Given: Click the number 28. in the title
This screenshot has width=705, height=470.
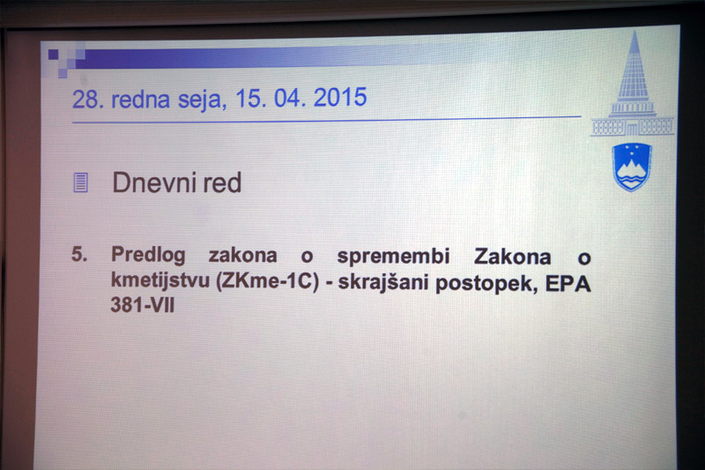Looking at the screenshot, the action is (88, 99).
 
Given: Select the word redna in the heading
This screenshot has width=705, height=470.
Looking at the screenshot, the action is (140, 99).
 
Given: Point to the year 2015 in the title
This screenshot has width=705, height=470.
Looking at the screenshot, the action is (340, 97).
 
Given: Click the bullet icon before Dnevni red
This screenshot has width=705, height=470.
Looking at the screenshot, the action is (80, 183).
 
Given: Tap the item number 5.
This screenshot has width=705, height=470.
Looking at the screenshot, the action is (79, 255).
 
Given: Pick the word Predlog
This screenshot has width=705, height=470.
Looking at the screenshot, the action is (148, 255).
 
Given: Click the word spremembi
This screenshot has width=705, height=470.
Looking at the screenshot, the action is (393, 256).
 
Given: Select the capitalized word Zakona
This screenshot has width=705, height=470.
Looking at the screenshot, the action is (513, 257).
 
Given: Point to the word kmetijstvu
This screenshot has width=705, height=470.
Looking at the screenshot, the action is (160, 281).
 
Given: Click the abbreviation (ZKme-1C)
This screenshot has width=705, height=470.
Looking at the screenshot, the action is (268, 281).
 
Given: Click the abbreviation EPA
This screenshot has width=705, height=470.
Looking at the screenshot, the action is (568, 284).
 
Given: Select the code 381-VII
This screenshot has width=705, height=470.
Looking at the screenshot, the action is (142, 305).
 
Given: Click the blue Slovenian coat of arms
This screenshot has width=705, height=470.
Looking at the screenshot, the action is (632, 167).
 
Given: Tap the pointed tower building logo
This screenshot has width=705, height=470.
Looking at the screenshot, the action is (632, 85).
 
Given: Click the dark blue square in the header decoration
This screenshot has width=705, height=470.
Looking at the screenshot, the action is (54, 55).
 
